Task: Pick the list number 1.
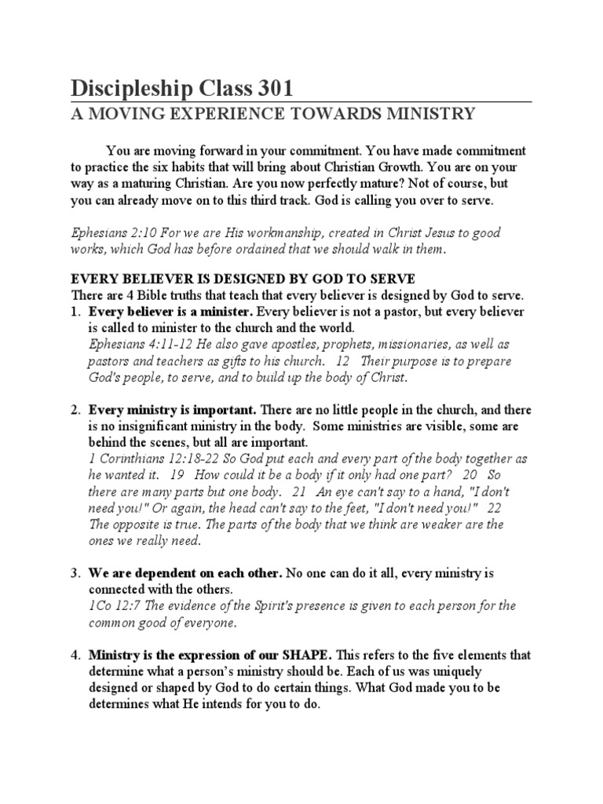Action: pos(75,311)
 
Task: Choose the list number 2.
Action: pos(75,411)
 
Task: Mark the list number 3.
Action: pos(75,574)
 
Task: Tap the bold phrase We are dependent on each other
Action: pos(185,574)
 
